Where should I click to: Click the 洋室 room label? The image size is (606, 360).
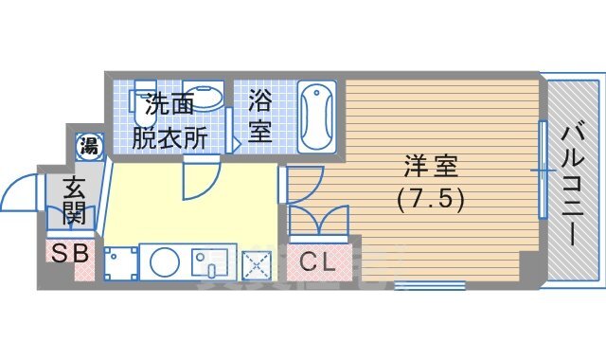point(431,168)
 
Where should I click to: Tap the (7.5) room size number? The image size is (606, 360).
point(431,201)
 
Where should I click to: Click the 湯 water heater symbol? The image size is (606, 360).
point(89,145)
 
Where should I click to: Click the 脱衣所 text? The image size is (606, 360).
point(169,136)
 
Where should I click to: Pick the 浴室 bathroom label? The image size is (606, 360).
point(260,115)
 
